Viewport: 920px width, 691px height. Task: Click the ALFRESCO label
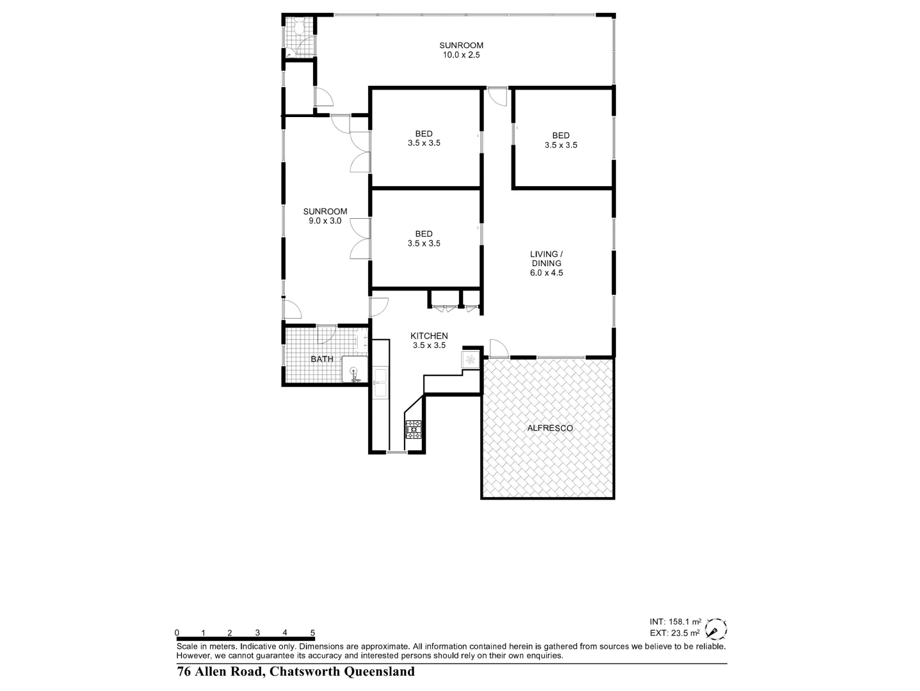click(x=549, y=428)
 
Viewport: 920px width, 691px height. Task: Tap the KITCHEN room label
click(x=429, y=336)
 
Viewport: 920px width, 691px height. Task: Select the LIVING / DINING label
click(x=546, y=258)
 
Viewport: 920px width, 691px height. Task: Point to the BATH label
click(x=322, y=359)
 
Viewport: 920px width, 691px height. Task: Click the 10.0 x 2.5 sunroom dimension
click(x=461, y=55)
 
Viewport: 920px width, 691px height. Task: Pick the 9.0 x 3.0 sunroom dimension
click(x=325, y=221)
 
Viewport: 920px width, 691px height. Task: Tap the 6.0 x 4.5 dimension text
click(x=546, y=273)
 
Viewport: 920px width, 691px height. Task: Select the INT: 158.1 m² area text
click(x=675, y=621)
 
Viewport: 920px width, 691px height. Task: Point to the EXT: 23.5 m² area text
click(x=675, y=633)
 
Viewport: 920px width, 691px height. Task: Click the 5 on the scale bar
click(x=312, y=633)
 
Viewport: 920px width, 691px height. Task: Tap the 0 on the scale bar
click(x=177, y=633)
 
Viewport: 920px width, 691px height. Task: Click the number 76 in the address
click(x=184, y=672)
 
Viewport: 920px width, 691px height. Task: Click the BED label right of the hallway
click(x=561, y=135)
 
